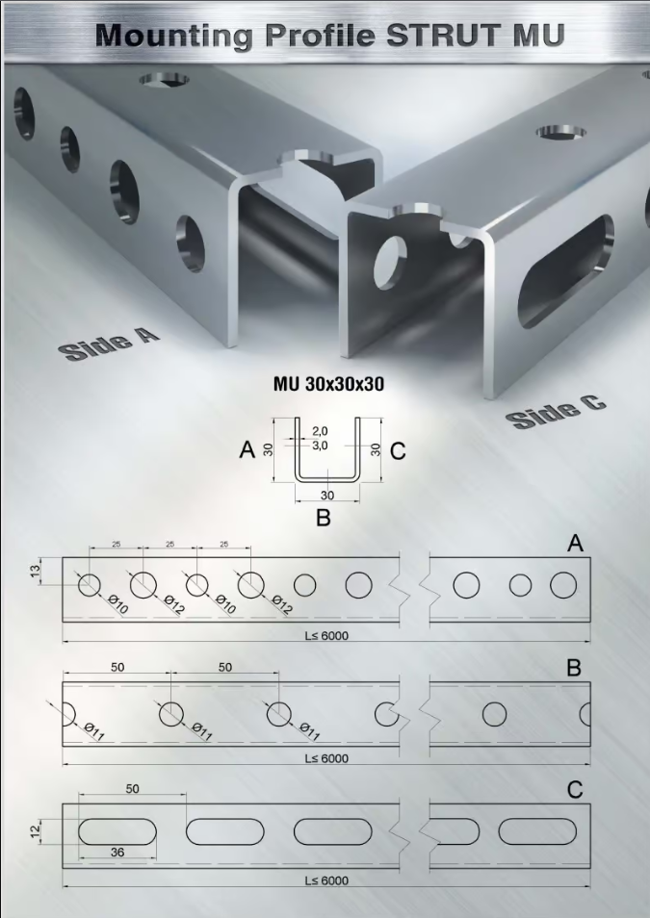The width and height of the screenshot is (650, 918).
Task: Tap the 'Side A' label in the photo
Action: (x=109, y=344)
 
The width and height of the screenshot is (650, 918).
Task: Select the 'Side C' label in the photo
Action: (x=555, y=410)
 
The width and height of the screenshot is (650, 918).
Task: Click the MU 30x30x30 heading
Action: (x=328, y=384)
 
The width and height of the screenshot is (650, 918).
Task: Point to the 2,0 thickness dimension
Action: (x=320, y=431)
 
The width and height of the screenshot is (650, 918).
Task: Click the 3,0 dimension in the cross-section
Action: (x=320, y=446)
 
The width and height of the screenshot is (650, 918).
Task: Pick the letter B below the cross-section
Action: (x=324, y=518)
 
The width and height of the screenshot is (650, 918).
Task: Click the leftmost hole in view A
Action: (x=90, y=585)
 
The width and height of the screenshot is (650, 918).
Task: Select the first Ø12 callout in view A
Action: (x=174, y=604)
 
